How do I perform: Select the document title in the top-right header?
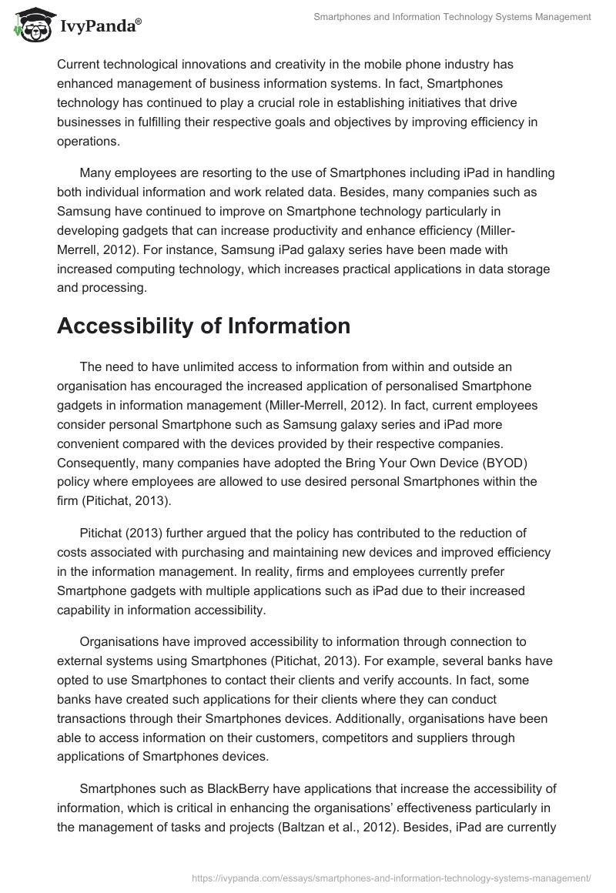point(453,16)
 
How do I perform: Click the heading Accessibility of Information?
point(192,326)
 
